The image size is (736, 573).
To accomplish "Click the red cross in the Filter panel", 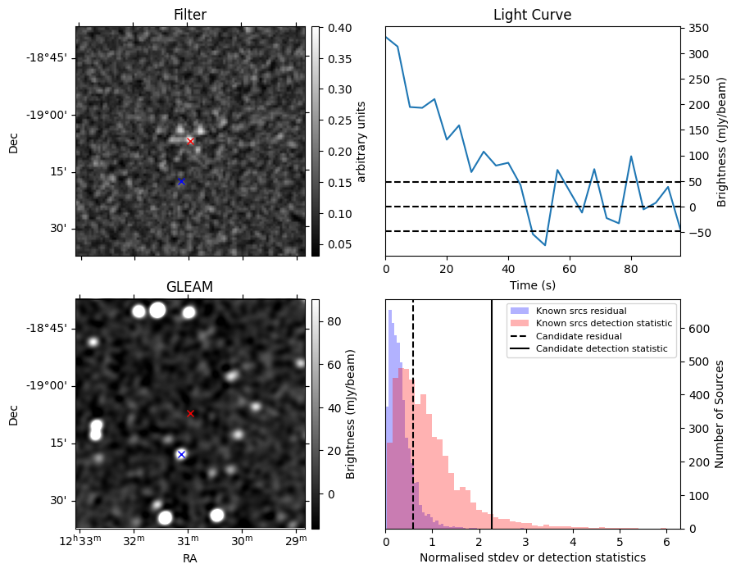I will tap(190, 141).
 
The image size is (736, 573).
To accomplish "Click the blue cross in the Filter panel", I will tap(181, 181).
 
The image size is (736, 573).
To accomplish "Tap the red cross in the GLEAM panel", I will tap(190, 414).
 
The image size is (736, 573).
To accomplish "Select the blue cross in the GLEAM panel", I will tap(181, 454).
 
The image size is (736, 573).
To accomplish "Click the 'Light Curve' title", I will tap(532, 15).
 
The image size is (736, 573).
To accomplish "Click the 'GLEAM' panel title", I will tap(189, 287).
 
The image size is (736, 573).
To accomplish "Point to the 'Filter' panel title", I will tap(189, 15).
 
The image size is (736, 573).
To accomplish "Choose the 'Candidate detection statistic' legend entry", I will tap(601, 349).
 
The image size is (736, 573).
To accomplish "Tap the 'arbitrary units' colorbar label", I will tap(361, 141).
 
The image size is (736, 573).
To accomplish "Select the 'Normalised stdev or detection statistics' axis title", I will tap(532, 557).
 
